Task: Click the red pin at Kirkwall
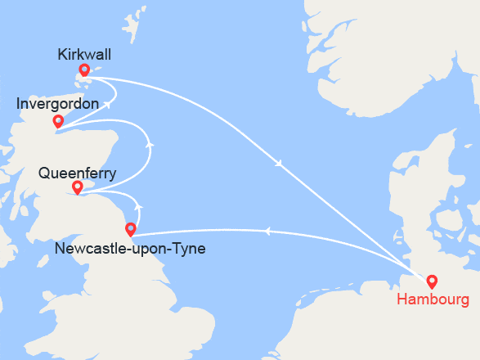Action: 84,70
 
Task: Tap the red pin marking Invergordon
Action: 58,121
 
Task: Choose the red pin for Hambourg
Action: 432,281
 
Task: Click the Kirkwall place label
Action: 84,55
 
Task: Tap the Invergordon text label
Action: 58,105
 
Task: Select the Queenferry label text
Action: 78,173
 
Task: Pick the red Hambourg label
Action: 433,299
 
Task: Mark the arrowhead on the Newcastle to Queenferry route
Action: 138,205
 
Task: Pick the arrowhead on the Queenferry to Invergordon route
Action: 150,145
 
